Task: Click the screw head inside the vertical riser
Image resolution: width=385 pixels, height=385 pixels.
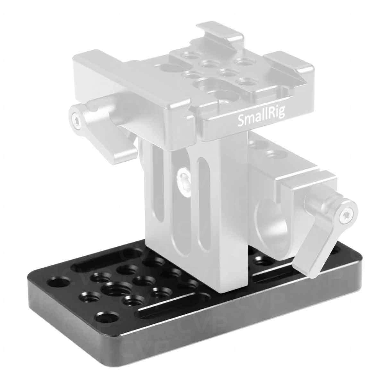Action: click(x=183, y=176)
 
